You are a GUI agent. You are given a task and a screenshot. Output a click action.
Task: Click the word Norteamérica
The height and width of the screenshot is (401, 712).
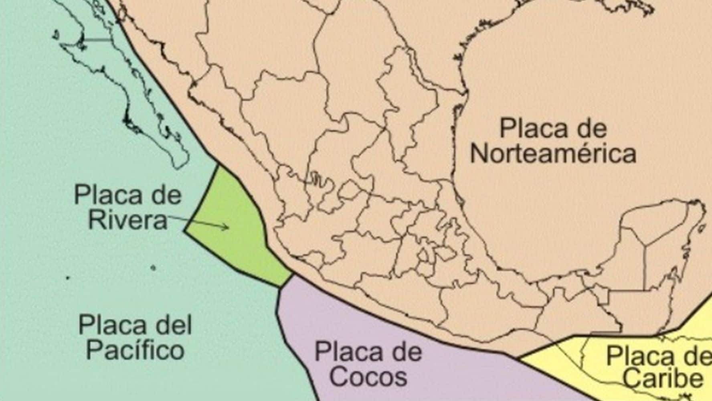pyautogui.click(x=553, y=154)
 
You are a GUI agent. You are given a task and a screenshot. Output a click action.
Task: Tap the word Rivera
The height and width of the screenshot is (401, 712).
pyautogui.click(x=127, y=220)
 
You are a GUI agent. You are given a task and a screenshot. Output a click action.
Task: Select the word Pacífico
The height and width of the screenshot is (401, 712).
pyautogui.click(x=136, y=350)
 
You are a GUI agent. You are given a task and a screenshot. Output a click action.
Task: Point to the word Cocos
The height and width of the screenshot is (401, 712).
pyautogui.click(x=368, y=377)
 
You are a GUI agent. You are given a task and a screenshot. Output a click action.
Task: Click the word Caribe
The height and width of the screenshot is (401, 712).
pyautogui.click(x=663, y=379)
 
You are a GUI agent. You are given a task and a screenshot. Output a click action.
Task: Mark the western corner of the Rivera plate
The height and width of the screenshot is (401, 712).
pyautogui.click(x=185, y=231)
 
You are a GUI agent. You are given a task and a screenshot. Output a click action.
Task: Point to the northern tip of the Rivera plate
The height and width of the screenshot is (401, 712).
pyautogui.click(x=218, y=166)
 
